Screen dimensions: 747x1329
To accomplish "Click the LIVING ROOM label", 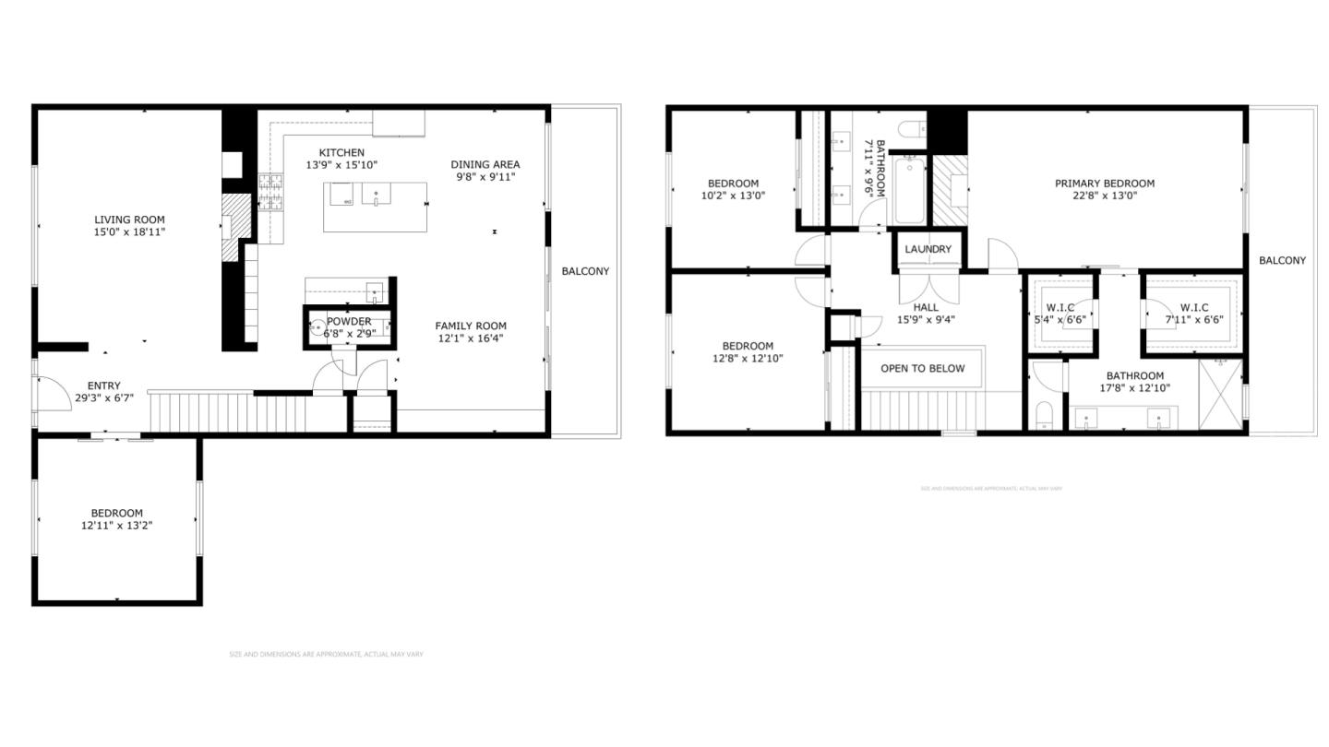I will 129,219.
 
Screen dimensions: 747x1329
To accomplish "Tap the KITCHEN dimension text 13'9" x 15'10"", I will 341,165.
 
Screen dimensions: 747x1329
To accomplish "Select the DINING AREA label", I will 485,164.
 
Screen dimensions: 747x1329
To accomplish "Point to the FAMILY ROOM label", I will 471,326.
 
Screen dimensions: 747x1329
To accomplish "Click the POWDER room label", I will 348,322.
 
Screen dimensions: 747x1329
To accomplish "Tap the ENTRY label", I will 103,386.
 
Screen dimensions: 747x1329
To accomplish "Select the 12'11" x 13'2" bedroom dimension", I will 116,526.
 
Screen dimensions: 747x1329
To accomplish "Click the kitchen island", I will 375,206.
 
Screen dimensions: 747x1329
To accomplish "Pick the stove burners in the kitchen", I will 270,191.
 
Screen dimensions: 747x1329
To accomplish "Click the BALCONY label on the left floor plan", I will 585,271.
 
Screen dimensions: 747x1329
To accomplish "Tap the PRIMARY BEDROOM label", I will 1104,184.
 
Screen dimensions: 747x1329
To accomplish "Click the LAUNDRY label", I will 928,250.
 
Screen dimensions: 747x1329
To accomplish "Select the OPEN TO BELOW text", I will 922,369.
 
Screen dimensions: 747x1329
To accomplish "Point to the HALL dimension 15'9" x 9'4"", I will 926,320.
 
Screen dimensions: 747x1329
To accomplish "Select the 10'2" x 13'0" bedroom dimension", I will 733,196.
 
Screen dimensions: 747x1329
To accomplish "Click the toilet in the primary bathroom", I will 1044,416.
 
